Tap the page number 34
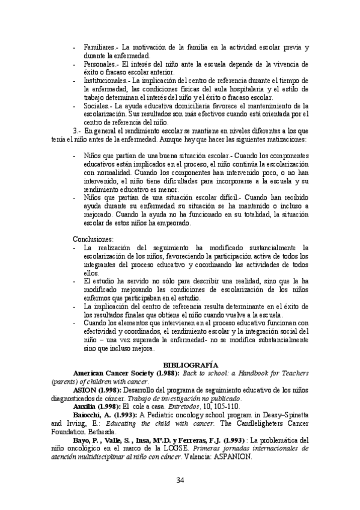[x=180, y=479]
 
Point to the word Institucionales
[x=105, y=79]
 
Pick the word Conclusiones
[x=93, y=239]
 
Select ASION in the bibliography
[x=84, y=390]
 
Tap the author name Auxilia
[x=85, y=407]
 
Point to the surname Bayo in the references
[x=82, y=440]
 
